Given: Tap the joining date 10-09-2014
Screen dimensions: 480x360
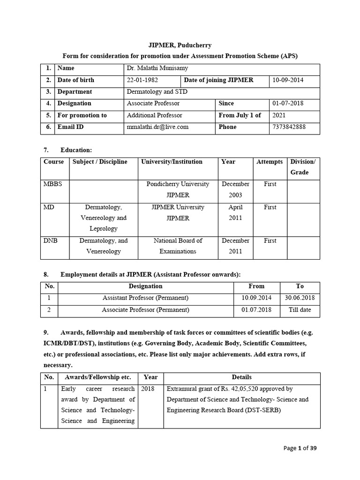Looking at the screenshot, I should [288, 80].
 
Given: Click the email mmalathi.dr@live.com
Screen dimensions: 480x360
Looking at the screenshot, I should [157, 127].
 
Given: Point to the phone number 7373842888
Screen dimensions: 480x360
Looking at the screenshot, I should [288, 127].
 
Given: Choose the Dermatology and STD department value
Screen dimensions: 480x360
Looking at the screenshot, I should [157, 92].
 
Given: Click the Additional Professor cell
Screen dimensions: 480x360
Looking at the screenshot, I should [155, 115].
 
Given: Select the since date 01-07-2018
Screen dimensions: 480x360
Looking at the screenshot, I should [288, 104].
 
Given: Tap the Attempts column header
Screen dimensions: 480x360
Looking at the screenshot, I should [270, 162].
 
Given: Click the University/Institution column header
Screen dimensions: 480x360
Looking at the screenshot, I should [172, 162].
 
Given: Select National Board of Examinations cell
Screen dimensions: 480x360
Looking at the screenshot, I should [178, 246].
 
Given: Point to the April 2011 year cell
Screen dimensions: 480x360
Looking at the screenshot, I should [235, 212].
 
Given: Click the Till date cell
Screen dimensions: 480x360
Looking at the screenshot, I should [300, 310].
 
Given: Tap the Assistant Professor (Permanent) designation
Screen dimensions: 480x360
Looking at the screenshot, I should [145, 298].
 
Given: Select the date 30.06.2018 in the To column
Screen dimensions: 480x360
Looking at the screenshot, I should [300, 298].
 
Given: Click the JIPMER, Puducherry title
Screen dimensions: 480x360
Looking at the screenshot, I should [180, 45].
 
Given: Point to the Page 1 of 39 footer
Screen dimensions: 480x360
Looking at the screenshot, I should [300, 448].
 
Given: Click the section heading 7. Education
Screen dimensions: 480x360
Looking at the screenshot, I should [67, 150].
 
